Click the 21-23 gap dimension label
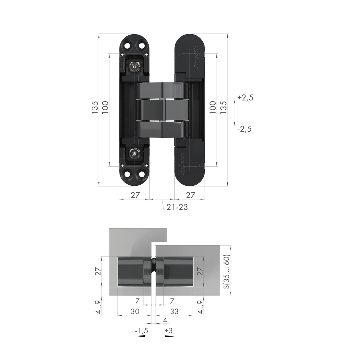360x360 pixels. (177, 207)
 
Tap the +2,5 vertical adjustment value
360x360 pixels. (246, 98)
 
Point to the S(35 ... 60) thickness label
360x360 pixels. (226, 271)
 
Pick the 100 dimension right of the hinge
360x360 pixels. (212, 107)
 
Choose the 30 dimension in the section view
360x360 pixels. (135, 312)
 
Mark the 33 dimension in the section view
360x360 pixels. (174, 312)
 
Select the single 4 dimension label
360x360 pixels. (165, 320)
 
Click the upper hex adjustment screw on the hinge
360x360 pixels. (135, 66)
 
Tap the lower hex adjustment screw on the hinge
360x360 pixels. (135, 153)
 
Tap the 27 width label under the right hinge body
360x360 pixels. (190, 195)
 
